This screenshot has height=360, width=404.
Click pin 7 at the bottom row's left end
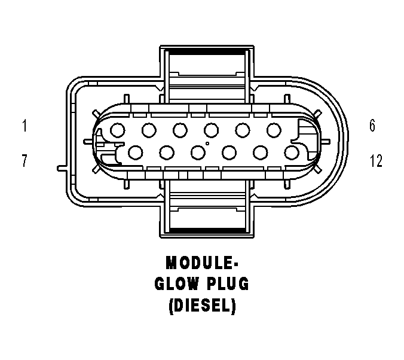click(x=134, y=152)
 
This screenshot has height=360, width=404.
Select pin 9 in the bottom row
click(x=198, y=152)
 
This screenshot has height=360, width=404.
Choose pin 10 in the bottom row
click(x=229, y=152)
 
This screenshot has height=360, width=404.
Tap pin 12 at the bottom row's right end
click(x=292, y=152)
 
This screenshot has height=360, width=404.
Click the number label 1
click(x=25, y=126)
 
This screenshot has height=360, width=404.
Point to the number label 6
click(x=372, y=126)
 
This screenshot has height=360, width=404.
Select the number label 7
click(x=25, y=161)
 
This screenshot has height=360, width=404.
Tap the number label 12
click(x=376, y=161)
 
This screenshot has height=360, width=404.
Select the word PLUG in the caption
click(x=228, y=284)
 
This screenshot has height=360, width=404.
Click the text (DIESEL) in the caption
click(x=202, y=306)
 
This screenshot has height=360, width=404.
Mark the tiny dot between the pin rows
click(x=207, y=144)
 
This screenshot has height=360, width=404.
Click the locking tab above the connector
click(x=206, y=68)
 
